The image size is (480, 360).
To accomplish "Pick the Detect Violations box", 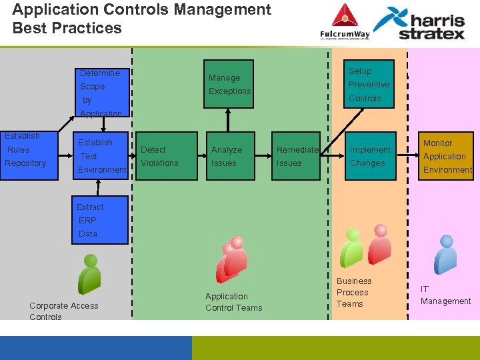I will [160, 157].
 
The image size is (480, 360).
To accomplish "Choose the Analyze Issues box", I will [229, 157].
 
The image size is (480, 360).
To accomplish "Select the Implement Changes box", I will [369, 157].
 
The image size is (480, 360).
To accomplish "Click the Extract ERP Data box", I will [100, 220].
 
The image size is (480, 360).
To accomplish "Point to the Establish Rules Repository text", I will [25, 150].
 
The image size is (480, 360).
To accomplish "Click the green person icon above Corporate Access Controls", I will [88, 273].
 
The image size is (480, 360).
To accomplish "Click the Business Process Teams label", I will [353, 293].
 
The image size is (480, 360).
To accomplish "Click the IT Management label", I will [445, 295].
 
